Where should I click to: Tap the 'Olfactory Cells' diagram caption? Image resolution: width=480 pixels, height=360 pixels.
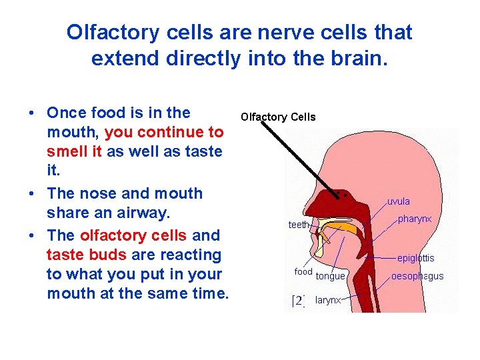(x=278, y=117)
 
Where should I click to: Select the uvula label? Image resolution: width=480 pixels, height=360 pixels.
(x=399, y=201)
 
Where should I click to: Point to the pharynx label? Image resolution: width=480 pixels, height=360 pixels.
(x=415, y=219)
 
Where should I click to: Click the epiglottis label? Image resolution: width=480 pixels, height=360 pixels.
(x=415, y=258)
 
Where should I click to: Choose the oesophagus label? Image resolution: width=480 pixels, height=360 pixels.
(x=417, y=276)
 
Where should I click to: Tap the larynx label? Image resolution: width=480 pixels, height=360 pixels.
(x=328, y=300)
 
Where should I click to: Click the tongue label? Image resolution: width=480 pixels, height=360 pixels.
(x=331, y=276)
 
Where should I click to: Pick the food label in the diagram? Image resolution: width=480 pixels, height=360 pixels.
(x=303, y=271)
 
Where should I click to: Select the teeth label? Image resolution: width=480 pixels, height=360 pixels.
(x=299, y=225)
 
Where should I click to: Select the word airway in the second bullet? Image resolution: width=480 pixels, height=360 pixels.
(x=149, y=213)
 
